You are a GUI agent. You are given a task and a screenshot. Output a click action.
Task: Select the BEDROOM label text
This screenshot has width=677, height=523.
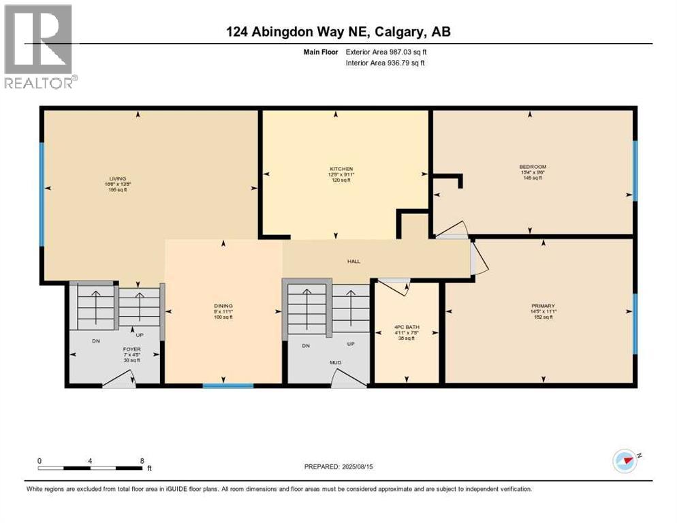coord(532,167)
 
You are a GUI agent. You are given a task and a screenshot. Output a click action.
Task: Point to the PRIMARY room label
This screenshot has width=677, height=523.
coord(543,306)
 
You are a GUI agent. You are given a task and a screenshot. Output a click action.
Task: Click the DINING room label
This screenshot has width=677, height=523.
coord(223,306)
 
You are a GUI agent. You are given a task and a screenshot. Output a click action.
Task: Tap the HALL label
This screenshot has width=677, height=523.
coord(353,261)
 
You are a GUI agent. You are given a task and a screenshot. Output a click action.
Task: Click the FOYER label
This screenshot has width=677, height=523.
coord(132,349)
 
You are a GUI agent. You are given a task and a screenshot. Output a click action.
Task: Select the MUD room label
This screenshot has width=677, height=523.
coord(336,363)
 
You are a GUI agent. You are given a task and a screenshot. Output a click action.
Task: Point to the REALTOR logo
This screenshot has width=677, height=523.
coord(39,46)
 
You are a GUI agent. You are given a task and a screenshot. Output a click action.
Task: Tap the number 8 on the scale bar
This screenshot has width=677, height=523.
coord(142,460)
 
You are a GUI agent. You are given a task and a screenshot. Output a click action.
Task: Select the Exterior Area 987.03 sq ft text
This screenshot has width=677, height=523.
coord(386,52)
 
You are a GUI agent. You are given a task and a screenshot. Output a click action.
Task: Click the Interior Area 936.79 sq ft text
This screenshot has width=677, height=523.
coord(385,63)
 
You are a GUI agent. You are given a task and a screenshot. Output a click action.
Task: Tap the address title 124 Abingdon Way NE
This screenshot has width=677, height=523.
coord(338,31)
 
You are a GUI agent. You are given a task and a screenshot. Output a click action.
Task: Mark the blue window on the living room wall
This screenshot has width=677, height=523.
coord(42,194)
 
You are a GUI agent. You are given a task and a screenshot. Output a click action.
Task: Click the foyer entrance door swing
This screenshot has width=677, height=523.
coord(119,381)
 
